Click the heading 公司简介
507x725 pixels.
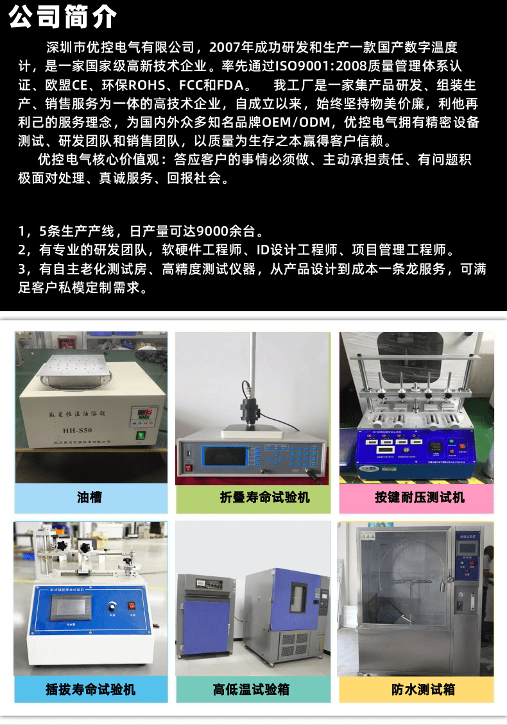point(63,17)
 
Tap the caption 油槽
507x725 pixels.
point(90,497)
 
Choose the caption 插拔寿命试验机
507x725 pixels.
point(90,690)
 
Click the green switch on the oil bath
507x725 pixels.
point(140,437)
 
